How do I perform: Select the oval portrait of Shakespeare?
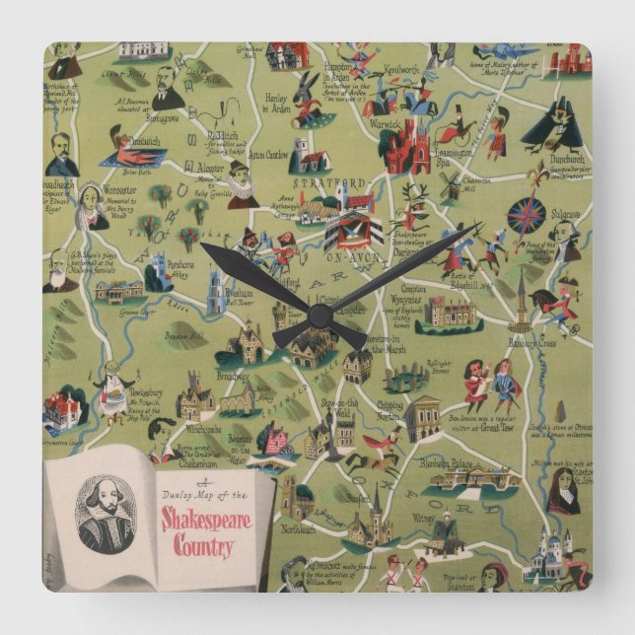point(105,513)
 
